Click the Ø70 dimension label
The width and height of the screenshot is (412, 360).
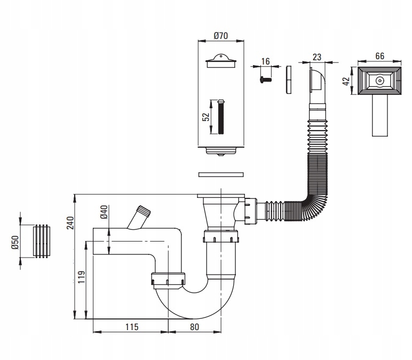click(221, 36)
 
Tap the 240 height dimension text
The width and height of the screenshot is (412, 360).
click(70, 223)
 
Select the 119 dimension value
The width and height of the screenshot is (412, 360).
click(82, 277)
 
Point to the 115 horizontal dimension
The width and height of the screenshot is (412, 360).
click(132, 327)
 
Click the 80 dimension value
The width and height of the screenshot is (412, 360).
click(194, 327)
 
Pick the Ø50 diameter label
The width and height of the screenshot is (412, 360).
click(15, 242)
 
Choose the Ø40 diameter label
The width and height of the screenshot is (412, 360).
click(104, 212)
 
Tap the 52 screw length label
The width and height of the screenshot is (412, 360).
click(206, 117)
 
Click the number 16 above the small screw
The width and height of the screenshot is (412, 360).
click(265, 61)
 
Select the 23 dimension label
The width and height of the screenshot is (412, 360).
click(318, 57)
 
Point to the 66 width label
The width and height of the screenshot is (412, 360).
click(379, 56)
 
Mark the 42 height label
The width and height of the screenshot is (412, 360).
click(346, 81)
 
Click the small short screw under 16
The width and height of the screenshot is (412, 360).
click(265, 79)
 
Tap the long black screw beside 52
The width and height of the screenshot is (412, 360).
click(221, 116)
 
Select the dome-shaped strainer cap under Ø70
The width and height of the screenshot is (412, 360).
click(221, 61)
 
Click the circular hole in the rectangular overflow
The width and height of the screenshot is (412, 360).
click(379, 81)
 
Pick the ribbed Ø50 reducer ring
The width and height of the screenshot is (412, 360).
click(42, 241)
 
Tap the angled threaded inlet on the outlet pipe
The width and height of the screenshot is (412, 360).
click(139, 217)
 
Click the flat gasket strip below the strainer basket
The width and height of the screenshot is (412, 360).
click(221, 174)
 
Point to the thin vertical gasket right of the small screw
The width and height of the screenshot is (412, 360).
click(289, 80)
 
